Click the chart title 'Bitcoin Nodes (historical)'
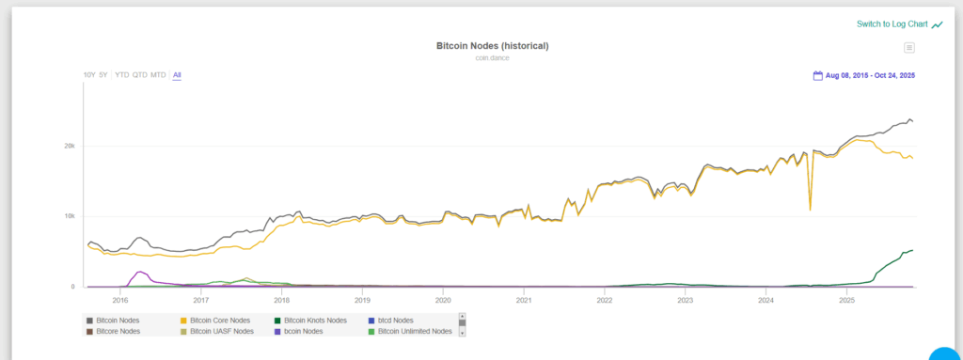click(x=492, y=45)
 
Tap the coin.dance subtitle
click(x=492, y=58)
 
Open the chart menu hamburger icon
click(x=909, y=48)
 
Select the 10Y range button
click(x=88, y=74)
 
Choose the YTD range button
click(x=121, y=74)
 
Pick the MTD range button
click(x=158, y=74)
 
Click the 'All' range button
click(x=177, y=74)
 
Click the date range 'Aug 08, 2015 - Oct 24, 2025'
click(x=870, y=75)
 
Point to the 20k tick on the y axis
click(x=69, y=146)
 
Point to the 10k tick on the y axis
click(x=69, y=216)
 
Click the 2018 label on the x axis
click(x=281, y=301)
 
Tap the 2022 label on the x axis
click(x=605, y=301)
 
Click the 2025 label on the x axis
click(x=846, y=301)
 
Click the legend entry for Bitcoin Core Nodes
click(x=219, y=321)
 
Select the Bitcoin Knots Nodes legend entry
click(x=315, y=321)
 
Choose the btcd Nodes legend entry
click(x=395, y=321)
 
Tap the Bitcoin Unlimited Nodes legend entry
click(x=415, y=331)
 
